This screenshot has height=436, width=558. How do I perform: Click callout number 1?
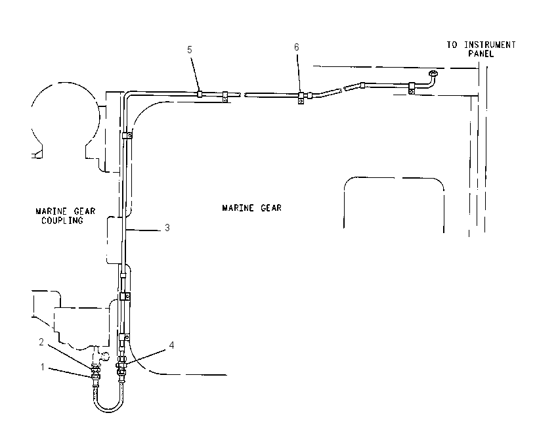pyautogui.click(x=43, y=366)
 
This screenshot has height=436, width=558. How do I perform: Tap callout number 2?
pyautogui.click(x=41, y=341)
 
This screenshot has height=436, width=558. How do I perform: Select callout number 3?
pyautogui.click(x=167, y=228)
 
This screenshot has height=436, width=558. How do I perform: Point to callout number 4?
pyautogui.click(x=171, y=345)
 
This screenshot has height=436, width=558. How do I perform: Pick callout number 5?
pyautogui.click(x=190, y=50)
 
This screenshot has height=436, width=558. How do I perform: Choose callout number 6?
pyautogui.click(x=297, y=47)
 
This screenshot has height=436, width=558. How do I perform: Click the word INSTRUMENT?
pyautogui.click(x=490, y=45)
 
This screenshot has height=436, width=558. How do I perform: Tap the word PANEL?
pyautogui.click(x=481, y=54)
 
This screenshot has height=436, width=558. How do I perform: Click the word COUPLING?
pyautogui.click(x=62, y=221)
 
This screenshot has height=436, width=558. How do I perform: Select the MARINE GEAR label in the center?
pyautogui.click(x=252, y=208)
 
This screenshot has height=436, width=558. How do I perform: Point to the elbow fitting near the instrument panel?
pyautogui.click(x=431, y=79)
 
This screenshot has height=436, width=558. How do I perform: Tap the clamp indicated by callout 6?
pyautogui.click(x=301, y=98)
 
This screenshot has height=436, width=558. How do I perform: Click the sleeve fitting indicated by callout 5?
pyautogui.click(x=200, y=94)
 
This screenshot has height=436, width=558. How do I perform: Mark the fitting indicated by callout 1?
pyautogui.click(x=96, y=376)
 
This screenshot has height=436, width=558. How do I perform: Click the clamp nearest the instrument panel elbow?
pyautogui.click(x=412, y=88)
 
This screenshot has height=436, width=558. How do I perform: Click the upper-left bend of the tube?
pyautogui.click(x=127, y=95)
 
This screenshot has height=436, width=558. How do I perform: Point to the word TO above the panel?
pyautogui.click(x=452, y=45)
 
